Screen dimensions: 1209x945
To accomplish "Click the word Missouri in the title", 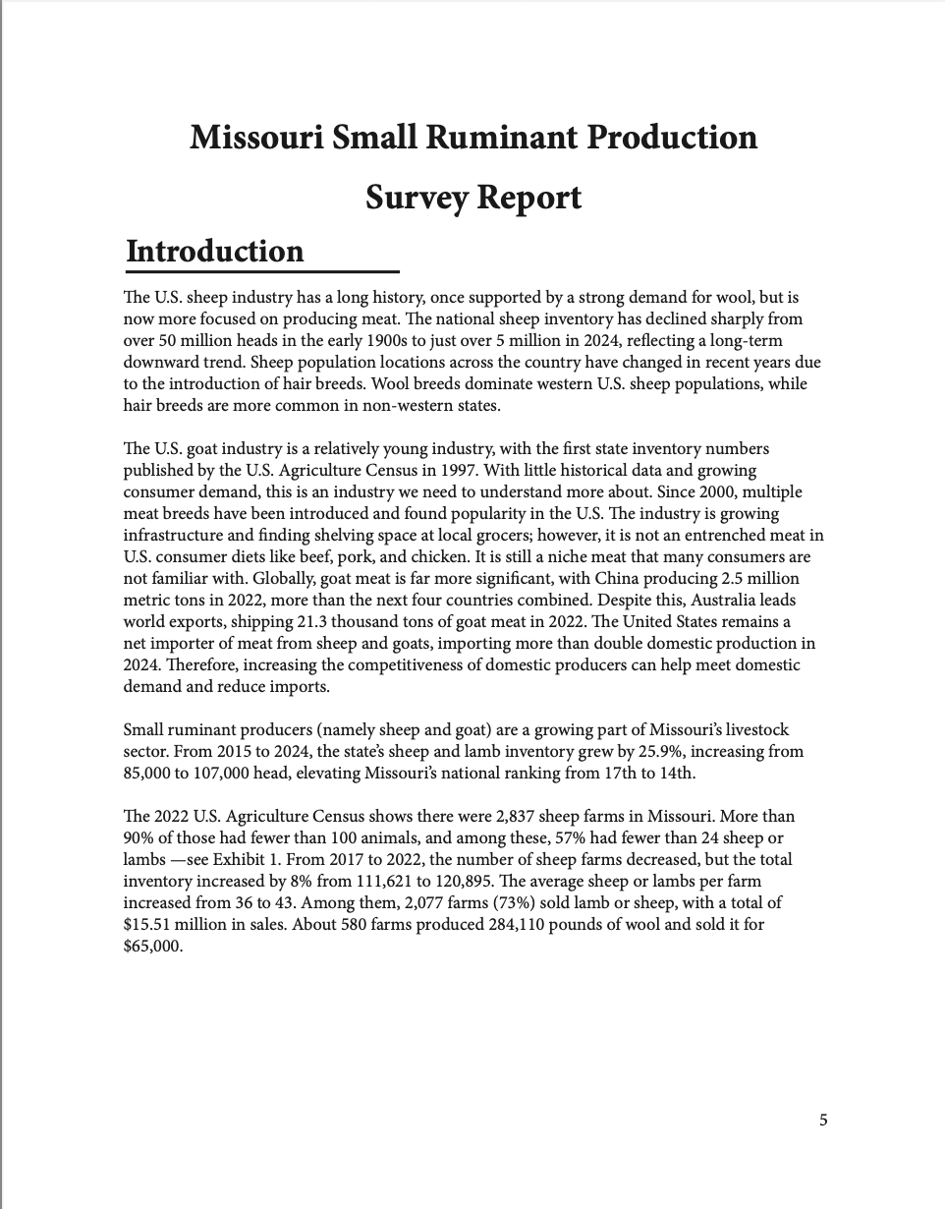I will coord(250,137).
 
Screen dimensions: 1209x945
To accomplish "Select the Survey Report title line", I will coord(472,198).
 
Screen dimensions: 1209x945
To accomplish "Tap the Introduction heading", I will coord(215,252).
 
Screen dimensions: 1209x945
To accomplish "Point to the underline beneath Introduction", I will coord(261,271).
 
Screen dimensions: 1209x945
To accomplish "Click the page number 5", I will coord(823,1120).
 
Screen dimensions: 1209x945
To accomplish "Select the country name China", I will coord(658,578).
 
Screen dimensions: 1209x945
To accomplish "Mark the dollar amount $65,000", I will coord(153,946).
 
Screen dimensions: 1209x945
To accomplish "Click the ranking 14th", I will coord(677,773).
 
